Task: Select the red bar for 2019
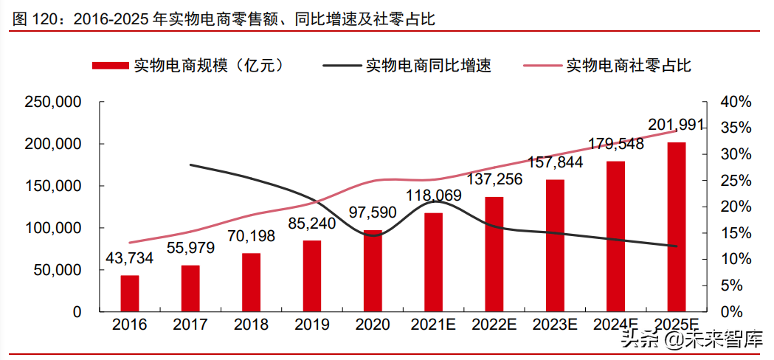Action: tap(312, 275)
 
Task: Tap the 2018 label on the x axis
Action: tap(251, 325)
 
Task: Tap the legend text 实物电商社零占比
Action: tap(628, 66)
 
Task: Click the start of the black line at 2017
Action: tap(191, 165)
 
